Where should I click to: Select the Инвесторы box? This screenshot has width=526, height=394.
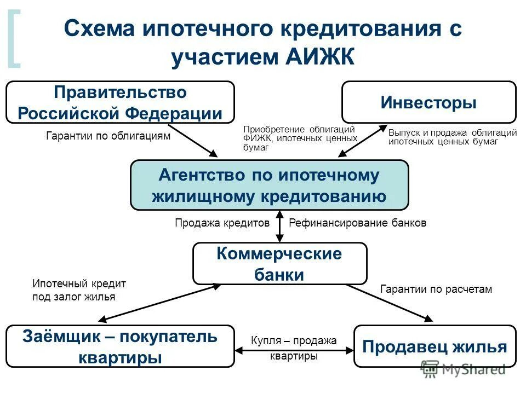tap(428, 102)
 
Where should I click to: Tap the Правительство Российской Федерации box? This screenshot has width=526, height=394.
tap(120, 102)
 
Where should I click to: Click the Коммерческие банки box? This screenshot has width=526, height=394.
tap(279, 263)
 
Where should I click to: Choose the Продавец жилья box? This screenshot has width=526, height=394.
tap(435, 346)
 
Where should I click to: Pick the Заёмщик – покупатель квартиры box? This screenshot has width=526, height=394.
tap(120, 346)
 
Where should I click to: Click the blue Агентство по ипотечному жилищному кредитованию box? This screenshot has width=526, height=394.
tap(269, 185)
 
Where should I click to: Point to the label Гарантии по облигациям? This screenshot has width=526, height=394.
tap(108, 136)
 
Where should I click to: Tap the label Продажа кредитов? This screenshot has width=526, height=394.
tap(222, 223)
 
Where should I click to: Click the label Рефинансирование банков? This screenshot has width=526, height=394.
tap(357, 223)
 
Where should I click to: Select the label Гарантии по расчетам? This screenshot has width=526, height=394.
tap(436, 289)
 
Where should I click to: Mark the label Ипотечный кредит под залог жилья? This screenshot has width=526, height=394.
tap(79, 290)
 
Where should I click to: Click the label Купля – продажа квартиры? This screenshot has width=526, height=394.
tap(294, 348)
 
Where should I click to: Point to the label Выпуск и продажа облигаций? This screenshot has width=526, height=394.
tap(453, 137)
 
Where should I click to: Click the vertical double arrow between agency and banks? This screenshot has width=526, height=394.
tap(279, 226)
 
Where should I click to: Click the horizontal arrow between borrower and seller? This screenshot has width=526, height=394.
tap(294, 349)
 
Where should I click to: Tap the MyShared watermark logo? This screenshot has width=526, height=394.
tap(463, 369)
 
